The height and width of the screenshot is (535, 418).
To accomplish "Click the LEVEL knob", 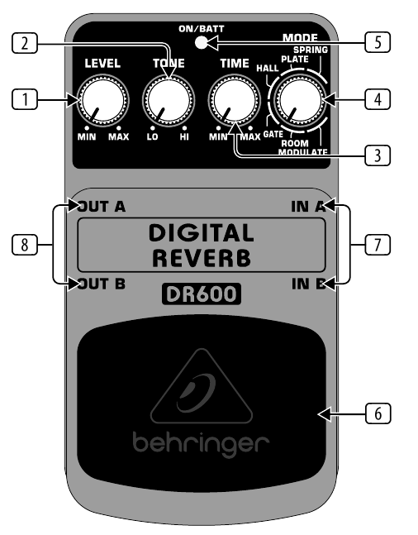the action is coord(102,100).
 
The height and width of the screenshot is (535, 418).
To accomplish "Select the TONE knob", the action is coord(169,100).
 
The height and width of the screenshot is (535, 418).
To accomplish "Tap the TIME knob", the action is coord(235,100).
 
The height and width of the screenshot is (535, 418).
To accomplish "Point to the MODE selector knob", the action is coord(299,100).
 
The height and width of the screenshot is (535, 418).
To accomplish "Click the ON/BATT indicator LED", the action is coord(202,43).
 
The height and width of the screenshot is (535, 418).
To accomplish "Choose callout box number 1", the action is coord(25,99).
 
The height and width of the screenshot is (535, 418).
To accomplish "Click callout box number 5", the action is coord(378,42).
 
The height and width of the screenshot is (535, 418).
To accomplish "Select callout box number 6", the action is coord(378,413).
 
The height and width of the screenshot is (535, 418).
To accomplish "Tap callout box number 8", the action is coord(25,244).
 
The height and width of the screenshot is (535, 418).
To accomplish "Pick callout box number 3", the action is coord(378,155).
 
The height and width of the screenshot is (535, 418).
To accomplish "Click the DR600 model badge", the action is coord(202,294).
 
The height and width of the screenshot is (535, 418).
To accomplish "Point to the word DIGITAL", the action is coord(202,233).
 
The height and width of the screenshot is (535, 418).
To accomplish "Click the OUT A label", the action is coord(102,207).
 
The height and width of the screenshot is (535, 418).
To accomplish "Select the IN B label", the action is coord(309,284).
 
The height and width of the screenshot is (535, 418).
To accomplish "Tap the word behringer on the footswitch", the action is coord(202,443).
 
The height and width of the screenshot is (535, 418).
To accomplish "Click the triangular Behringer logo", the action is coord(202,386).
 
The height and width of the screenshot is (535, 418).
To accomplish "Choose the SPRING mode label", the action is coord(311,50).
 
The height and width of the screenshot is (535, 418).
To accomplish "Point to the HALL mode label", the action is coord(268,69).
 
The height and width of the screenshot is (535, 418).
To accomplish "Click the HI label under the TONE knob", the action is coord(184,136).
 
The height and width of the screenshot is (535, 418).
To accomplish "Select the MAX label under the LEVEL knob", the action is coord(119,136).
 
